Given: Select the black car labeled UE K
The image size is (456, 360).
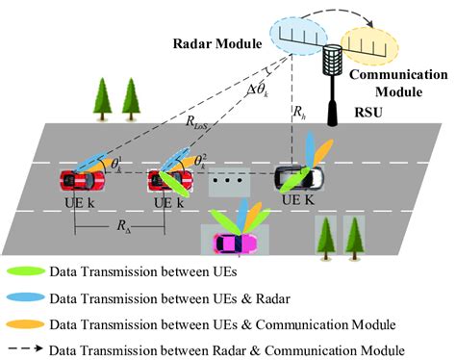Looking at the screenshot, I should (x=292, y=178).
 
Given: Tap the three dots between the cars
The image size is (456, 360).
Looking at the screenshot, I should (x=225, y=180).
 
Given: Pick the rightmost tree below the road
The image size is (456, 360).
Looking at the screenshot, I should (x=355, y=235).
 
